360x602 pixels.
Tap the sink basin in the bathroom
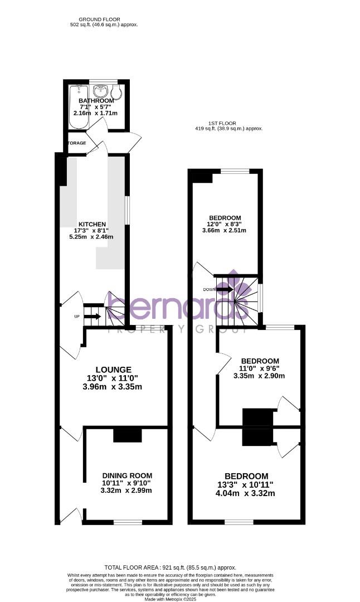tap(102, 90)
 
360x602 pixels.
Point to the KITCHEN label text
tap(92, 224)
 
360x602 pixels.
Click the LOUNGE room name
tap(114, 370)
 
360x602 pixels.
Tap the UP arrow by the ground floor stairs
tap(93, 317)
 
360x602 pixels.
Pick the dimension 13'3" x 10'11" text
tap(246, 485)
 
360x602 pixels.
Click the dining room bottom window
tap(128, 522)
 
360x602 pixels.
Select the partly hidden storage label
tap(77, 143)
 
